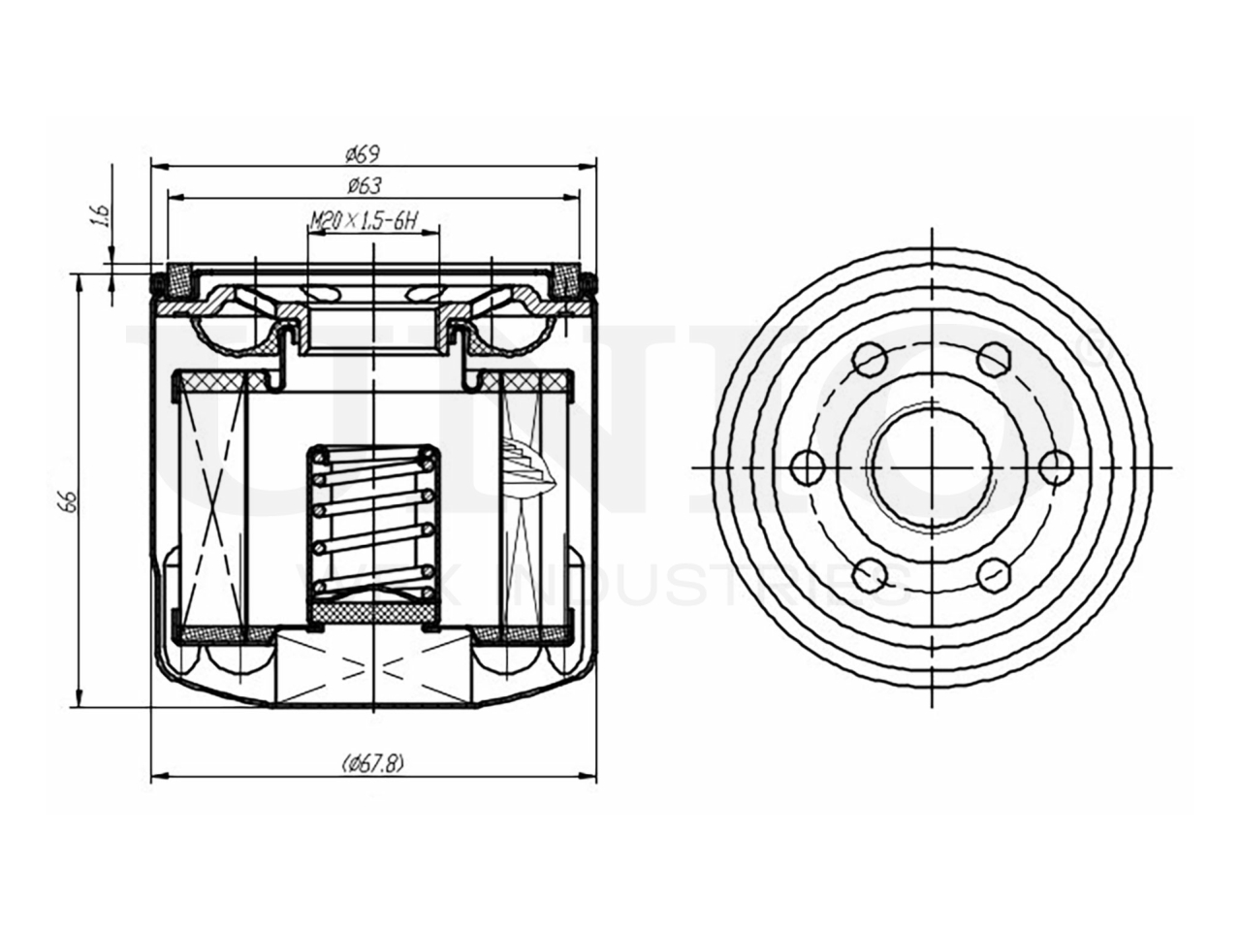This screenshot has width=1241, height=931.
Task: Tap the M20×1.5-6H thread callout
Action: pos(363,222)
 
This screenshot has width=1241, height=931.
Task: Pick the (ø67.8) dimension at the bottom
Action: pos(372,763)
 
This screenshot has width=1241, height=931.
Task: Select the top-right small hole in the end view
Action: pos(992,362)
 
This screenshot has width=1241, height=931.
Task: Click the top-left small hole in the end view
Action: pos(870,362)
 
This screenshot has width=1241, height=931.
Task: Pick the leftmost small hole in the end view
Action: pos(808,467)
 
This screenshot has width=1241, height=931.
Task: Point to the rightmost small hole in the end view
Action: pos(1054,467)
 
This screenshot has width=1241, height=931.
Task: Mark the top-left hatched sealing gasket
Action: pos(178,280)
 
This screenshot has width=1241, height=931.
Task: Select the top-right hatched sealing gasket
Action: pos(565,280)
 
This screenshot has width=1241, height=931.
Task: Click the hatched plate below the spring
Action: pos(372,614)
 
